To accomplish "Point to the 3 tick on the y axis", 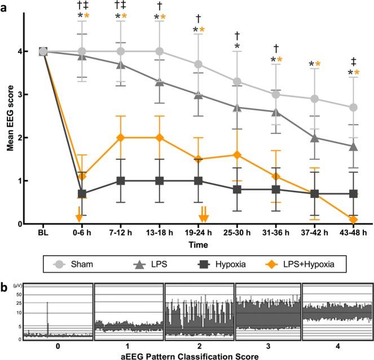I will pyautogui.click(x=20, y=95).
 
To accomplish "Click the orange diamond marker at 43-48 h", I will pyautogui.click(x=354, y=220).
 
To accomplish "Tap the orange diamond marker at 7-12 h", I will pyautogui.click(x=120, y=137).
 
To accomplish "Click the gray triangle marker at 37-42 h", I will pyautogui.click(x=315, y=137).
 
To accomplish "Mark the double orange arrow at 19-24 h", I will pyautogui.click(x=204, y=214).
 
